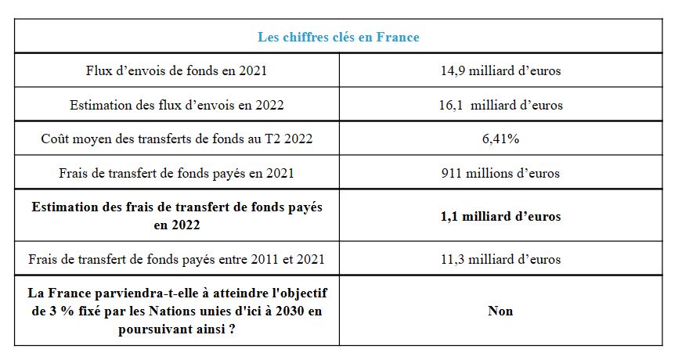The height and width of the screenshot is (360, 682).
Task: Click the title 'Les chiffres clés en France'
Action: point(338,37)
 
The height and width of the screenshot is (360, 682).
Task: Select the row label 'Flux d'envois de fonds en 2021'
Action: point(176,70)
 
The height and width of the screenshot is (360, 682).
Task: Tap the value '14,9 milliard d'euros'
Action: point(500,70)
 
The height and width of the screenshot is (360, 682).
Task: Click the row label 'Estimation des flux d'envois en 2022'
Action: point(176,105)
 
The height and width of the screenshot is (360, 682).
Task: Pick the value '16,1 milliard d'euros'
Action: point(500,105)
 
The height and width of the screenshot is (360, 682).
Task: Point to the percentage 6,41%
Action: point(500,139)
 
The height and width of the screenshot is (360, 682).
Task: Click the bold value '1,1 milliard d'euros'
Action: point(500,216)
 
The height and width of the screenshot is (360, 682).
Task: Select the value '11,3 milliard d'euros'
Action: point(500,259)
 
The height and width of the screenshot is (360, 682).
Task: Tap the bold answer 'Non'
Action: point(500,311)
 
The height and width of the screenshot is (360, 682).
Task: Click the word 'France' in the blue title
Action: point(400,37)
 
